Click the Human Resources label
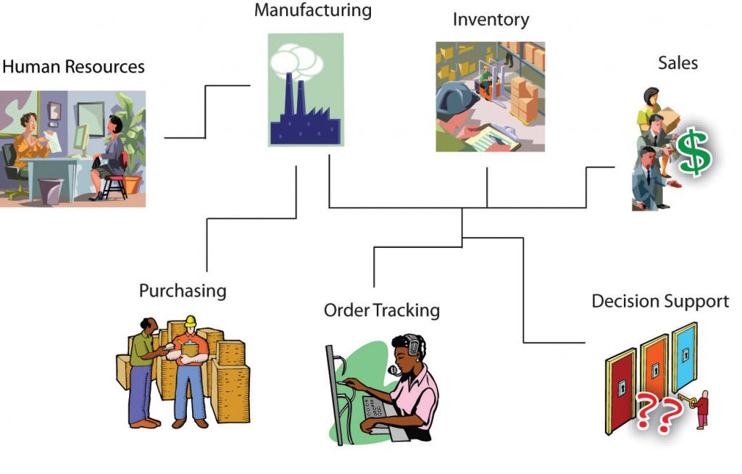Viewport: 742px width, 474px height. click(73, 67)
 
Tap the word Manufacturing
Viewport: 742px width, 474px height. click(312, 11)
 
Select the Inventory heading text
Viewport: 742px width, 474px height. click(491, 20)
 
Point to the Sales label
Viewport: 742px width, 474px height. click(678, 63)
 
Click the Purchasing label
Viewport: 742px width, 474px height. click(183, 291)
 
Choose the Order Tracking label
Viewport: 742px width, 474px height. click(381, 310)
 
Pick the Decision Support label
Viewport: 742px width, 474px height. click(660, 301)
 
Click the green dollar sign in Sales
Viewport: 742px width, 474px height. click(693, 151)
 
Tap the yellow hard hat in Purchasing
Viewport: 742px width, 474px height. click(191, 321)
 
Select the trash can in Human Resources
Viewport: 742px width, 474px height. click(50, 191)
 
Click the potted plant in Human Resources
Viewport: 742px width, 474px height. click(133, 145)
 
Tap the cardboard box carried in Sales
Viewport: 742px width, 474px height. click(670, 118)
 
